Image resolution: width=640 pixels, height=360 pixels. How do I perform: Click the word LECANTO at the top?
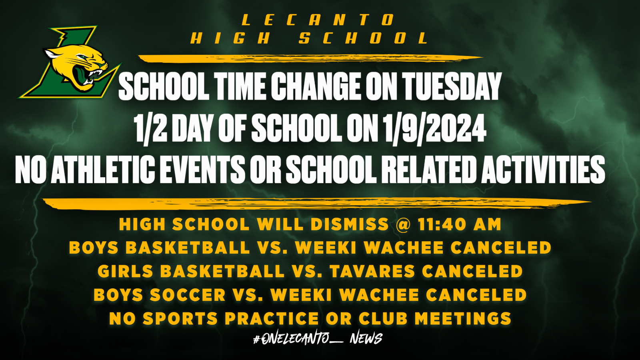click(318, 20)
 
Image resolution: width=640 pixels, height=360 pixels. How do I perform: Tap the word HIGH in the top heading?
click(230, 38)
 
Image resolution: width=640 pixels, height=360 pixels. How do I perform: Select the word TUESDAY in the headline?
click(452, 86)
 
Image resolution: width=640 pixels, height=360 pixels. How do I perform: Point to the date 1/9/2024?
click(434, 128)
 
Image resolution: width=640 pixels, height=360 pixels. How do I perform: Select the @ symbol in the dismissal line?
click(403, 224)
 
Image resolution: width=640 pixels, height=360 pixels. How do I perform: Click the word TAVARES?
click(372, 272)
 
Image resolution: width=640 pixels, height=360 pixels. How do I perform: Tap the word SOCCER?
click(188, 295)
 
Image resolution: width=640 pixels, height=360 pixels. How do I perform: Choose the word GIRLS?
click(126, 272)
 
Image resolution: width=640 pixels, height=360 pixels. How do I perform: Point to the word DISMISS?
click(349, 224)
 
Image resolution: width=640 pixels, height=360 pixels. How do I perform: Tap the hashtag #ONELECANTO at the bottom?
click(292, 339)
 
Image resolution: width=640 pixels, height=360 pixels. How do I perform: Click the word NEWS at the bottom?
click(366, 339)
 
